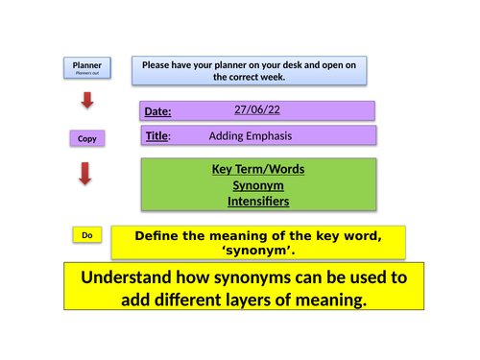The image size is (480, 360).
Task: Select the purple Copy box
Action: tap(87, 139)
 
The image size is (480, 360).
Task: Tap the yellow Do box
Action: tap(86, 235)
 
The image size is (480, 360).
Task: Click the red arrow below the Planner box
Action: tap(86, 100)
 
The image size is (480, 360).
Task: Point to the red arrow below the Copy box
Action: tap(85, 174)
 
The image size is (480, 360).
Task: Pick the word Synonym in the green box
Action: tap(257, 185)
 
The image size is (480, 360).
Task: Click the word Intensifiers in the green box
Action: tap(257, 202)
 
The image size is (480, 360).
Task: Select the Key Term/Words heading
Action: tap(257, 169)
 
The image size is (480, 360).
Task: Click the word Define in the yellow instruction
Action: tap(161, 235)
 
